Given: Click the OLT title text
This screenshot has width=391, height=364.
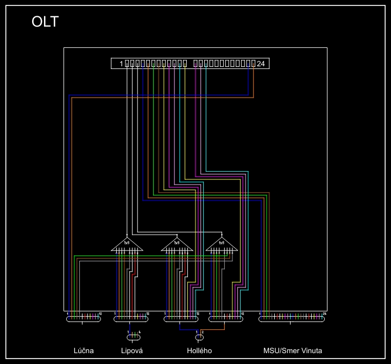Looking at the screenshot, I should click(45, 22).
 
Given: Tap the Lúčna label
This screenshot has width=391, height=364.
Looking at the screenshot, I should click(84, 350).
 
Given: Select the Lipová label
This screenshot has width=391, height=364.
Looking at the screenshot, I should click(132, 350).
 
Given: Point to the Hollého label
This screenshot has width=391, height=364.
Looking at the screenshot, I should click(199, 350).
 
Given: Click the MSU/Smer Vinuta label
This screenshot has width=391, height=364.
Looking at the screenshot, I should click(292, 350).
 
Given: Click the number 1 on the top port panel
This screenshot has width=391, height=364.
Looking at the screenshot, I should click(121, 64).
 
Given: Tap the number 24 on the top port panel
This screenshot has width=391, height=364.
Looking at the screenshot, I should click(261, 64).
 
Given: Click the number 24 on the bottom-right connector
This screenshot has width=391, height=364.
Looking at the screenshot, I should click(324, 313).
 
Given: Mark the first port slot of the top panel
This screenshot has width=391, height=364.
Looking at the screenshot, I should click(127, 64).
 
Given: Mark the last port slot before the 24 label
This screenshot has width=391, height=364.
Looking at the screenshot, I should click(253, 64).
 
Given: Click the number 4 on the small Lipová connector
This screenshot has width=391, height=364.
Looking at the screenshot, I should click(140, 332).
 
